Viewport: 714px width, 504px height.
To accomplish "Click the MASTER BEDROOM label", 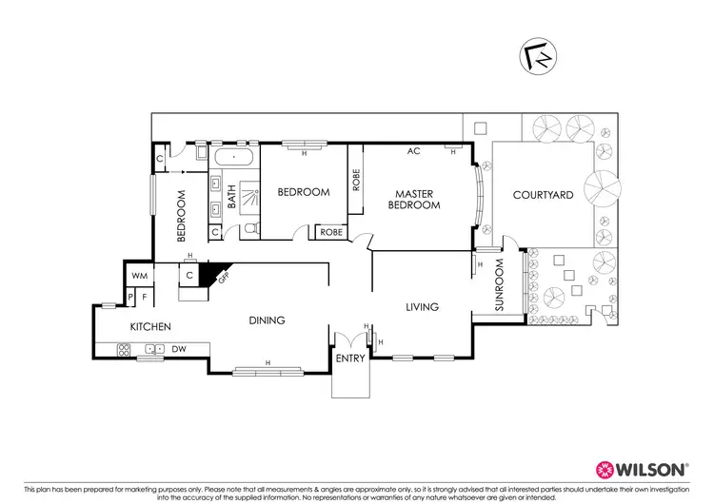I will click(x=417, y=199).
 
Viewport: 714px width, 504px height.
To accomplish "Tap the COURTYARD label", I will click(x=543, y=195).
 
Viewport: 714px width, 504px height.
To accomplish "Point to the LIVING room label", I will click(x=421, y=307).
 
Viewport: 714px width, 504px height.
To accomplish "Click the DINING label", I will click(x=268, y=320).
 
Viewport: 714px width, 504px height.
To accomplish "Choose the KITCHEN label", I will click(x=150, y=327).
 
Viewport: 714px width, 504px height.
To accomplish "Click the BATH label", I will click(x=230, y=196).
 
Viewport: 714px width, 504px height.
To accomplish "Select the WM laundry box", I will click(x=139, y=276).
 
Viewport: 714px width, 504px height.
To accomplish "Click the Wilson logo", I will click(x=641, y=470).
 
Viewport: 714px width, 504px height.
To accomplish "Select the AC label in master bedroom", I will click(x=413, y=151).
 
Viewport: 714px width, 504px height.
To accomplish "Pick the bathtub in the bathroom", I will click(x=233, y=157).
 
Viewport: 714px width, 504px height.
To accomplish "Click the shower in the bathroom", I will click(x=248, y=198).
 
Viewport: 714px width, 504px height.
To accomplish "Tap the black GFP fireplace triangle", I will click(x=220, y=272).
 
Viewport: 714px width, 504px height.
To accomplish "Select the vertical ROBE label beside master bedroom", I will click(x=356, y=181).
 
